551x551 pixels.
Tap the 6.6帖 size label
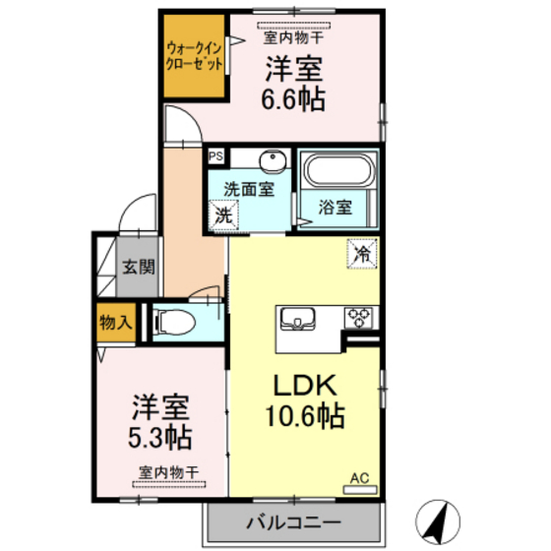(292, 97)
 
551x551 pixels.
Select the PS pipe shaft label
(215, 155)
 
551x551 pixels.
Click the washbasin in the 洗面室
(271, 161)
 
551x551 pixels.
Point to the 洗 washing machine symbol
(225, 213)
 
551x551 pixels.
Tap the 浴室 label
(336, 208)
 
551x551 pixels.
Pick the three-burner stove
(358, 318)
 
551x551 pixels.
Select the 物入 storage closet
(117, 321)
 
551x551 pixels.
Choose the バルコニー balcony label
(293, 522)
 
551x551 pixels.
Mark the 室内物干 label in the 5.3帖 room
(168, 473)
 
